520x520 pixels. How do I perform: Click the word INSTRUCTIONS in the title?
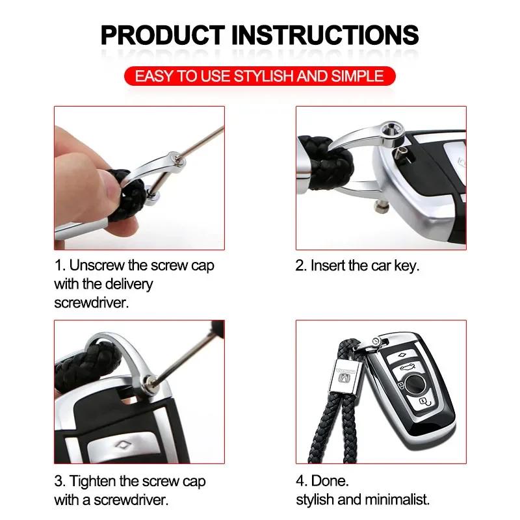click(x=324, y=34)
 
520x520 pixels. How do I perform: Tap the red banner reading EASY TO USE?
click(x=259, y=76)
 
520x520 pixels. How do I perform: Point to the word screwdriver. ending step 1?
click(x=92, y=303)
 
